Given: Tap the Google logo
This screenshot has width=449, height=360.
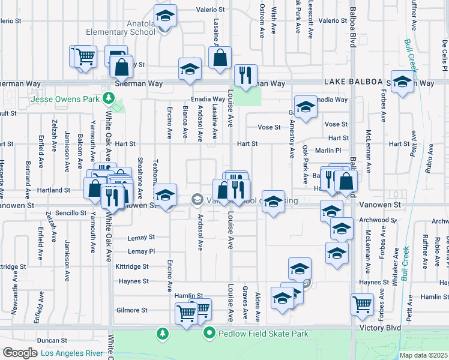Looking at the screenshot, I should click(19, 353).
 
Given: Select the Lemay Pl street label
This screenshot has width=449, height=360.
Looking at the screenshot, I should click(141, 251).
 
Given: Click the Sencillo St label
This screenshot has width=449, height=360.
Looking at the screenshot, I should click(71, 213).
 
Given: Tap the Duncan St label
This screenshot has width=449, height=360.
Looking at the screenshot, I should click(64, 340).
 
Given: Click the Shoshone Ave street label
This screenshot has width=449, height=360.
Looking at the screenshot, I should click(139, 178).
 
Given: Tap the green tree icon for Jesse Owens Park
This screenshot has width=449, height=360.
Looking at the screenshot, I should click(107, 98).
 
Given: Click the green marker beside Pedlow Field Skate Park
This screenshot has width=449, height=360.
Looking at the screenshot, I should click(209, 333).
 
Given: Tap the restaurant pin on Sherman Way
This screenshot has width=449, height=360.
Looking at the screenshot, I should click(246, 75).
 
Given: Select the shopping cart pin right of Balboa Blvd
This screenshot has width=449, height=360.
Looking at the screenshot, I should click(362, 304).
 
